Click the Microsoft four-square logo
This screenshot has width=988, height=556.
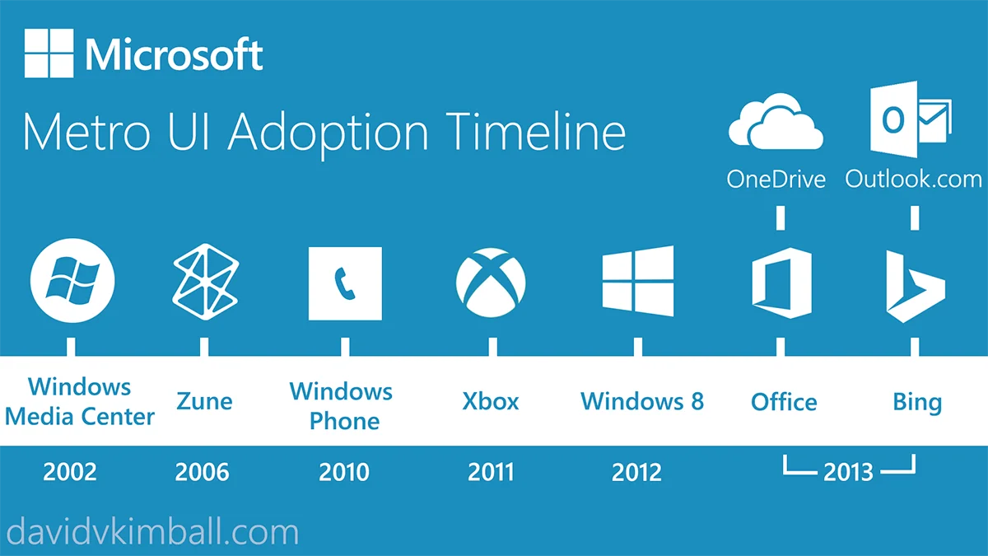pos(49,54)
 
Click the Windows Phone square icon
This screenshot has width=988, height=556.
pos(345,283)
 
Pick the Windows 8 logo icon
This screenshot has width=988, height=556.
pos(638,282)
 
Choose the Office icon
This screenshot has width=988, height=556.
pos(781,283)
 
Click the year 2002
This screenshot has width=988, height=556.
pos(70,472)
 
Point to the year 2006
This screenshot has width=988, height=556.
pos(203,472)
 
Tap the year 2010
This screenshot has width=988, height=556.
pos(344,472)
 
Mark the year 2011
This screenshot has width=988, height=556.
pos(491,472)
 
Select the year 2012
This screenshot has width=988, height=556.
pos(636,472)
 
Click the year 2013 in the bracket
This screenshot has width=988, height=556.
pos(848,472)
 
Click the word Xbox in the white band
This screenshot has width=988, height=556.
pos(491,401)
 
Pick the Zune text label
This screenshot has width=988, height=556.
pos(204,401)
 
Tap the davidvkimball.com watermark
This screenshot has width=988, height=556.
pos(152,532)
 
